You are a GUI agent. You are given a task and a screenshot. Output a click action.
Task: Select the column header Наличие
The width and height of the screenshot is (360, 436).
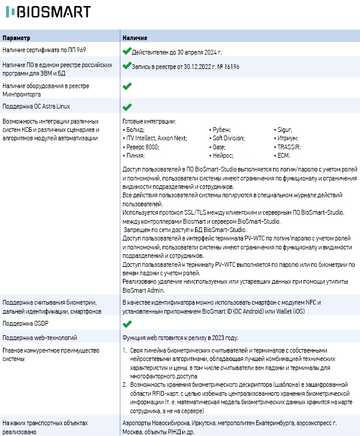[x=135, y=38]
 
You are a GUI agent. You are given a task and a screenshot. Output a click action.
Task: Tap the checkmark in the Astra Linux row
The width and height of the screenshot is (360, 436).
[x=127, y=107]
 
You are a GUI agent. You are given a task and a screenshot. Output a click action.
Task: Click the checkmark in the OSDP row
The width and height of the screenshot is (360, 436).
[x=127, y=324]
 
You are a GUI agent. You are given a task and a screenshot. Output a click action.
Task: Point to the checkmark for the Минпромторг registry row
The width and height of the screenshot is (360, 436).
[x=127, y=86]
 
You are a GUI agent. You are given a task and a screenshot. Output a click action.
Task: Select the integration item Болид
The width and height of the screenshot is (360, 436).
[x=134, y=130]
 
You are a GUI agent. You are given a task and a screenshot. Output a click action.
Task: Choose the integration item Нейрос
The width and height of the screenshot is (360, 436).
[x=223, y=155]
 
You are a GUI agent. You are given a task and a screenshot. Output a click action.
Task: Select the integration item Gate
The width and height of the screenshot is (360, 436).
[x=219, y=147]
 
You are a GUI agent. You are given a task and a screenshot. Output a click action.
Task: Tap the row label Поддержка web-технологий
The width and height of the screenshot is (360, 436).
[x=39, y=338]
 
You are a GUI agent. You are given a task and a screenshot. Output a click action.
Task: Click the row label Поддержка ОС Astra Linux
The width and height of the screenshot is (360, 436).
[x=36, y=107]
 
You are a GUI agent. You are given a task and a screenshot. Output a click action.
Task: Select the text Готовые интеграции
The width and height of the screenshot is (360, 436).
[x=149, y=121]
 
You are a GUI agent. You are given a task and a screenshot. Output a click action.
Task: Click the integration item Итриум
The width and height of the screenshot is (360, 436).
[x=286, y=138]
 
